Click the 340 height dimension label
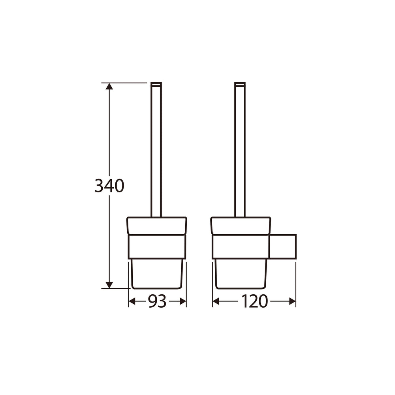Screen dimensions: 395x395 click(109, 186)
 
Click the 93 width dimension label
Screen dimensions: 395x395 click(157, 301)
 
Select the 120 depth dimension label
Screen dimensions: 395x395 click(254, 301)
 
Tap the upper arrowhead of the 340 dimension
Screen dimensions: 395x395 click(109, 86)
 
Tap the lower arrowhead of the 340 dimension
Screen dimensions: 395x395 click(109, 285)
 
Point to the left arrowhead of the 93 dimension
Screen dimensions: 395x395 click(132, 301)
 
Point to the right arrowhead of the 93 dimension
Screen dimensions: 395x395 click(183, 301)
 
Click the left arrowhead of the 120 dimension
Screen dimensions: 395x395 click(216, 301)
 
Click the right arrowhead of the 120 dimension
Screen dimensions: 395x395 click(292, 301)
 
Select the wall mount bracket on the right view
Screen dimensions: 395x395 click(283, 246)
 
